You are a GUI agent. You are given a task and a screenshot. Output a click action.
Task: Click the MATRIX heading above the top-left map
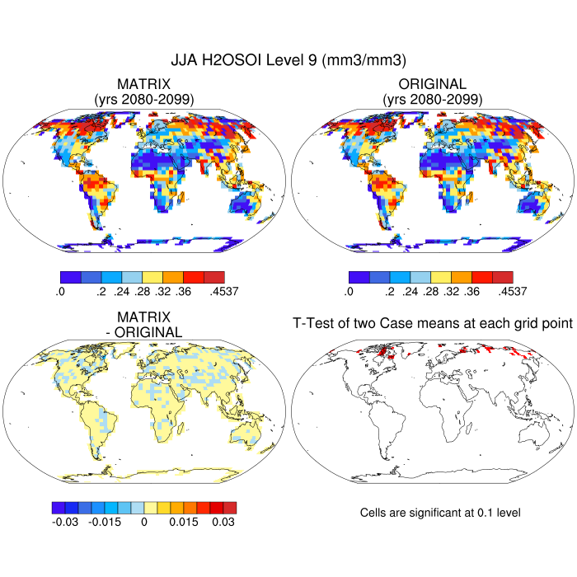[144, 84]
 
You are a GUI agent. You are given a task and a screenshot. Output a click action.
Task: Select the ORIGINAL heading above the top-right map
[432, 84]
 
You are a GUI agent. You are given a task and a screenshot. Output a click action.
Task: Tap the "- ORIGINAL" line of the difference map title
[144, 332]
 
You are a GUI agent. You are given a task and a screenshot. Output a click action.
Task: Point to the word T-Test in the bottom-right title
[315, 324]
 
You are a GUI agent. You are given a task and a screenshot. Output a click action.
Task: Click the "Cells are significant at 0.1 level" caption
[440, 513]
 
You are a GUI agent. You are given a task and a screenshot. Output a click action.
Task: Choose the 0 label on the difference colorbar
[144, 522]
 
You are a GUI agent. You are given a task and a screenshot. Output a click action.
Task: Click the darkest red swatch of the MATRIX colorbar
[214, 277]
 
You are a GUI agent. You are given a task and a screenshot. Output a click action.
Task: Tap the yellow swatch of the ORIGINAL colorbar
[441, 277]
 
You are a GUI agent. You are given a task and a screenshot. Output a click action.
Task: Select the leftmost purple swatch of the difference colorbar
[58, 508]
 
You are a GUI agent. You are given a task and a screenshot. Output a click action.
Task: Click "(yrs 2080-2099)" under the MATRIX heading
[144, 99]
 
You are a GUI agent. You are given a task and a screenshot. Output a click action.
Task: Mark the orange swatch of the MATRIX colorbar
[173, 277]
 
